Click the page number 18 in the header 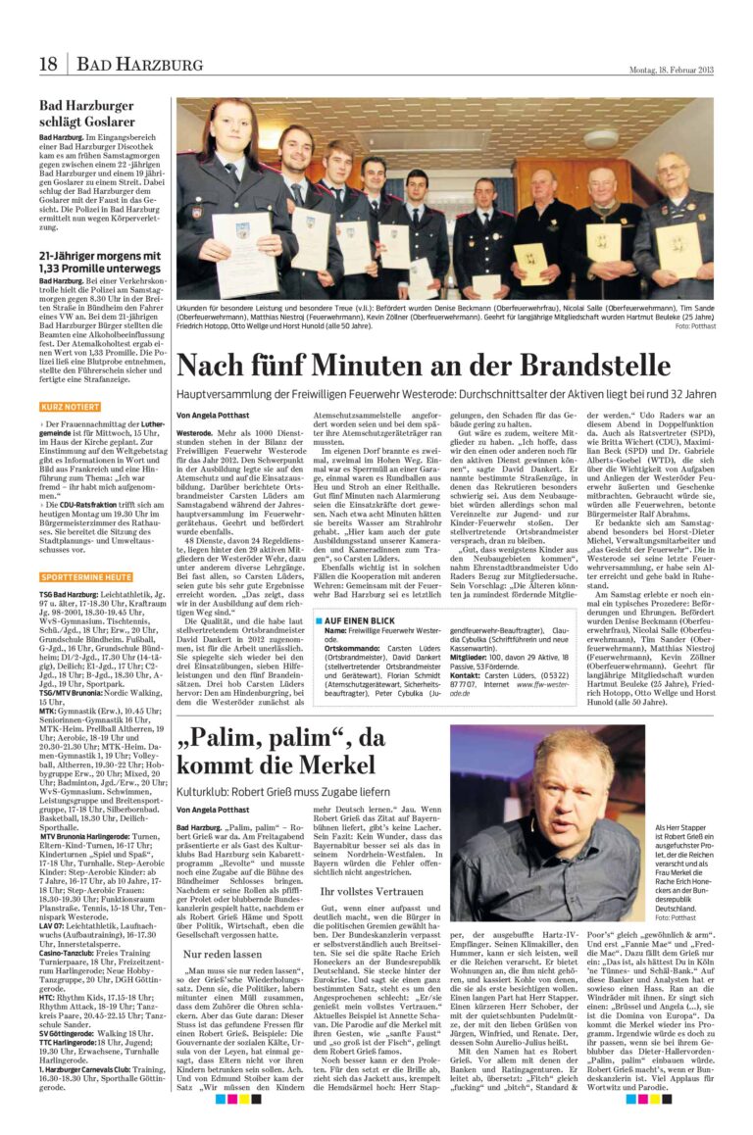(48, 65)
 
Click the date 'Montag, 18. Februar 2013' (671, 69)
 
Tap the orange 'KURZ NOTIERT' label (70, 406)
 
